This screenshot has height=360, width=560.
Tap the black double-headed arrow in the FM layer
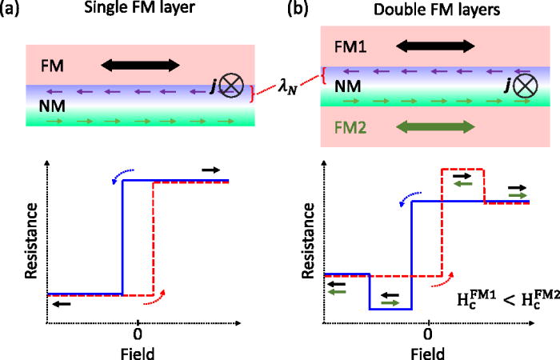(x=140, y=62)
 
